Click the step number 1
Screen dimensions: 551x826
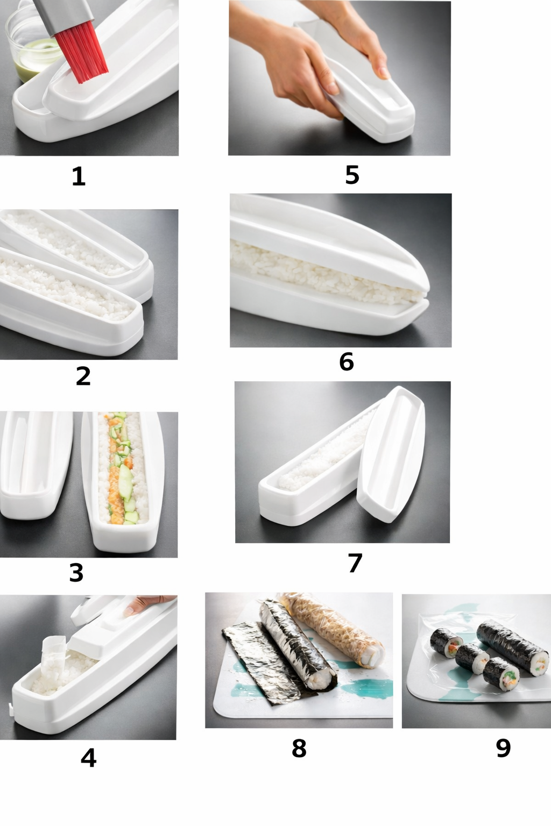[x=79, y=176]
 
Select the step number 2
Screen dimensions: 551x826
[x=83, y=376]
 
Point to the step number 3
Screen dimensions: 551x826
[x=76, y=573]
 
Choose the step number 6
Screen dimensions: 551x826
[x=347, y=361]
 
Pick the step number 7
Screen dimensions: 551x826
[x=355, y=562]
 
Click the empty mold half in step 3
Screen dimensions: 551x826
[x=34, y=465]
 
